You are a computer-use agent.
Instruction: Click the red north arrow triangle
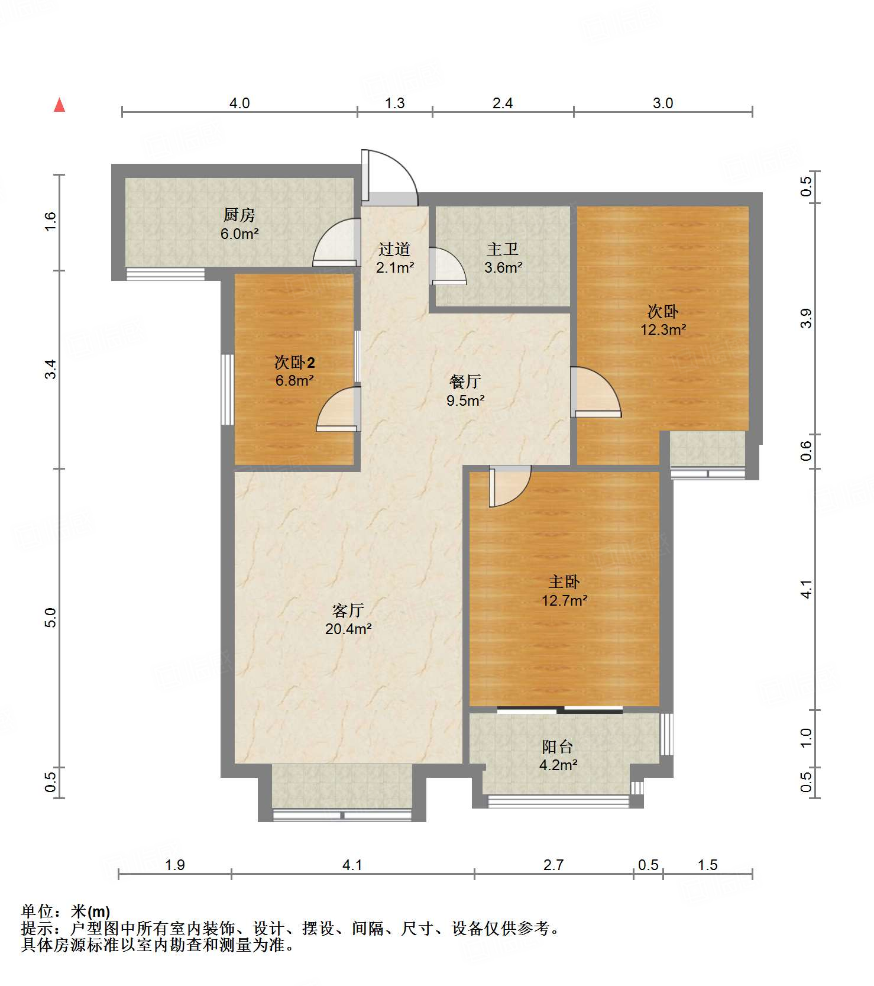click(x=59, y=105)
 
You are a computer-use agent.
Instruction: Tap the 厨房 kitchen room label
click(x=239, y=215)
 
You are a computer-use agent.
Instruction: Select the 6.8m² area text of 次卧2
click(x=294, y=380)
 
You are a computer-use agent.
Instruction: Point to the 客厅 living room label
click(x=348, y=610)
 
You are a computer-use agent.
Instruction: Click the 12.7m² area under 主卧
click(x=565, y=600)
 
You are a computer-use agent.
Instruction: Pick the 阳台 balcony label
click(x=558, y=746)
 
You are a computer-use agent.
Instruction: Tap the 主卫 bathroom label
click(x=503, y=250)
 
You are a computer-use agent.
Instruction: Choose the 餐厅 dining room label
click(x=465, y=382)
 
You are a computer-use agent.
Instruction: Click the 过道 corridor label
click(x=394, y=250)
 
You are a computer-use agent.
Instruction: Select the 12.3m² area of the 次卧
click(x=663, y=329)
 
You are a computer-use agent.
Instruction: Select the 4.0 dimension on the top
click(x=239, y=103)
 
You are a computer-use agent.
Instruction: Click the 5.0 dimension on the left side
click(x=51, y=618)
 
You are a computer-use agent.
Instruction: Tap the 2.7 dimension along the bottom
click(x=553, y=865)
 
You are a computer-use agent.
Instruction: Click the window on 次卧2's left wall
click(x=228, y=389)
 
